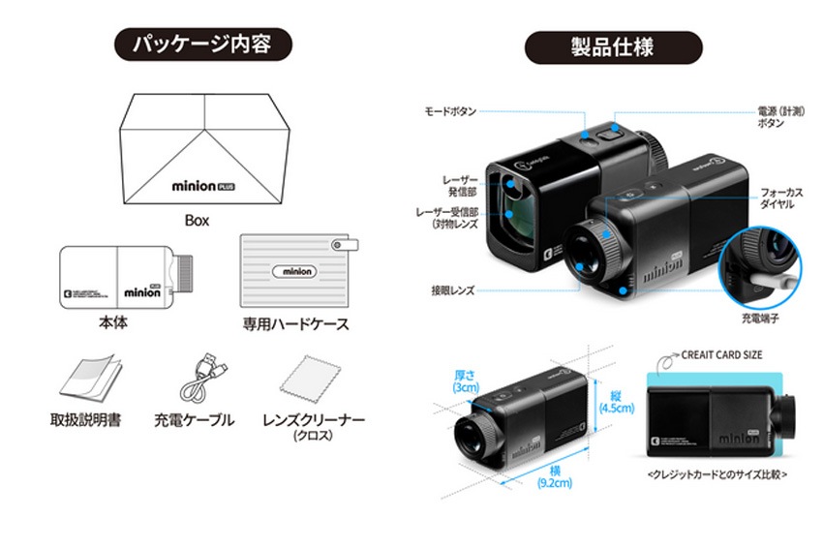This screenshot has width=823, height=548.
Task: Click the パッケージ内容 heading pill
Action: (201, 45)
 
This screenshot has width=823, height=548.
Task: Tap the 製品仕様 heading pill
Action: (613, 45)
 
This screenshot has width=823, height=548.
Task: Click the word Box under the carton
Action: (198, 220)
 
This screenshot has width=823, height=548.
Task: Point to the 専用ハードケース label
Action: (295, 323)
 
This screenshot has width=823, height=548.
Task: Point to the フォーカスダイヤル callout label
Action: (782, 199)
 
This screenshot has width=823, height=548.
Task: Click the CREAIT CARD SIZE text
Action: (722, 355)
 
